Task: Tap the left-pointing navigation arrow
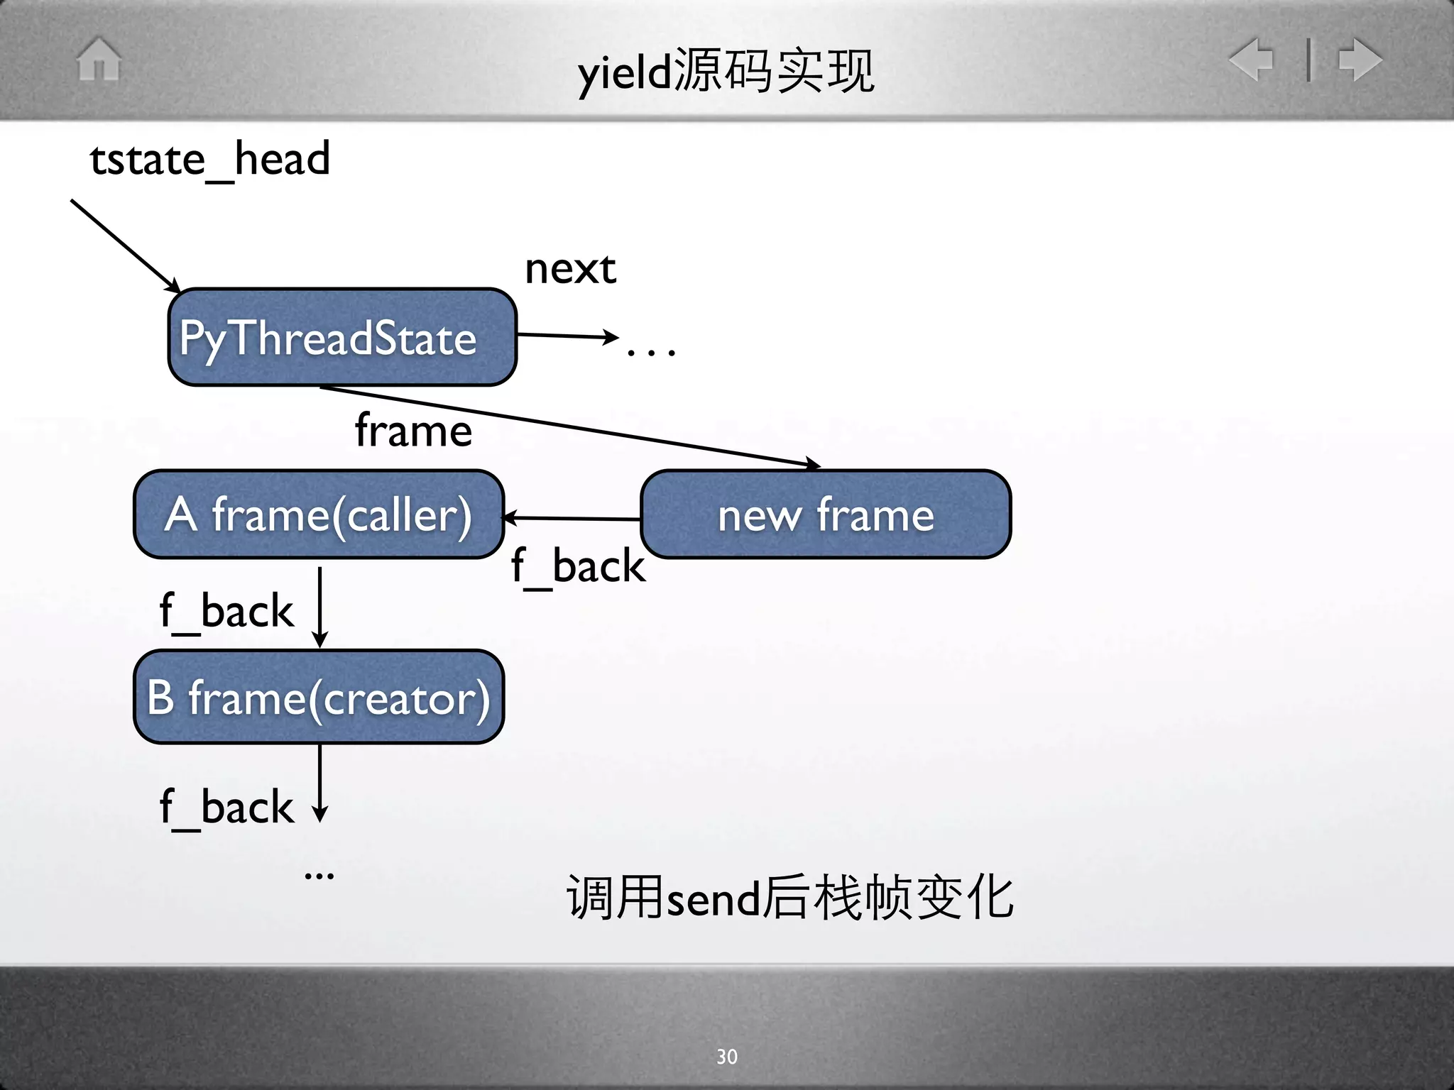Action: (1251, 59)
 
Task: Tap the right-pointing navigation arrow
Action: (1360, 59)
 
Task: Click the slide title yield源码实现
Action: (726, 72)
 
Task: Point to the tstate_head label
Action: (210, 159)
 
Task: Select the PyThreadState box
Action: (342, 337)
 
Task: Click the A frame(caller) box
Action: (319, 514)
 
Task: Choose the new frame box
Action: (826, 514)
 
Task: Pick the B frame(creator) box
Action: (319, 697)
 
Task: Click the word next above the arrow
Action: (570, 269)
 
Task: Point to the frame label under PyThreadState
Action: (413, 430)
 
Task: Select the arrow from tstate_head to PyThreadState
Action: (125, 245)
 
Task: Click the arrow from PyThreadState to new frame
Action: (568, 426)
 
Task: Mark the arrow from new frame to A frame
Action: (572, 519)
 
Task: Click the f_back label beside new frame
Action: (578, 566)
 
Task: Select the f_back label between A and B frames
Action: (226, 610)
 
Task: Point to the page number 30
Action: (726, 1057)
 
